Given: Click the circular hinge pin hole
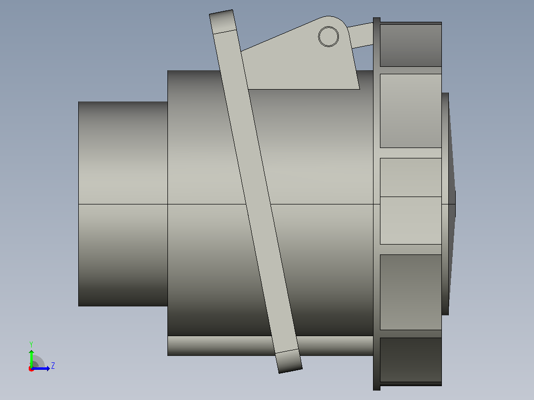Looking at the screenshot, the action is coord(328,37).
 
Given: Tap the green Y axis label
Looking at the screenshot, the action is coord(31,344).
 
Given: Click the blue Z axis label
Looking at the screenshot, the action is coord(53,366).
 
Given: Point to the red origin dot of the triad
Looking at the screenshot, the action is coord(31,369).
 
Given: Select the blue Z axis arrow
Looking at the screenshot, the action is coord(41,368).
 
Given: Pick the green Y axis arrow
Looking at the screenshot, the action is coord(31,358).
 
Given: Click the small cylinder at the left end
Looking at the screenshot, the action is coord(123,203).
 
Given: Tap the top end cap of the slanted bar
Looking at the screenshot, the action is coord(223,22).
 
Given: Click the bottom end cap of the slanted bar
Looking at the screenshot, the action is coord(289,361).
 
